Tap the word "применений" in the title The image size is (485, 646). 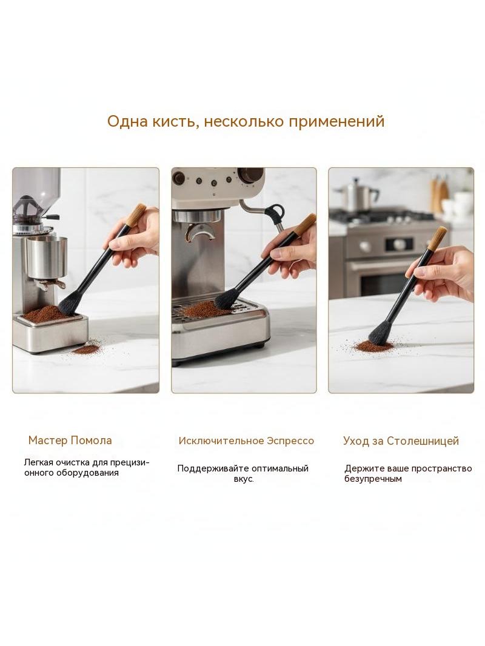336,122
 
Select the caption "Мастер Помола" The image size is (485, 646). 70,441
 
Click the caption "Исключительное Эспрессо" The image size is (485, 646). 246,441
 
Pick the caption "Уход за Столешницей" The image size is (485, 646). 401,441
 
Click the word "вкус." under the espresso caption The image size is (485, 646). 244,479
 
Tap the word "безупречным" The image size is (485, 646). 373,479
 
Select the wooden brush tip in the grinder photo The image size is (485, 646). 136,215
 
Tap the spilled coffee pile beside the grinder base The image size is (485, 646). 86,350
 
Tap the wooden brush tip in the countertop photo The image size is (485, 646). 436,239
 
